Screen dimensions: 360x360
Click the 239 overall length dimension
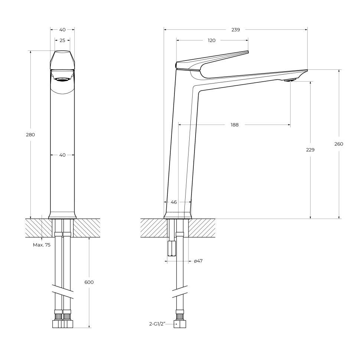(x=235, y=30)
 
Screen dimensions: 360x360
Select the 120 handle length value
(x=212, y=40)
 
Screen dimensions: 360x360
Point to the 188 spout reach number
(x=235, y=125)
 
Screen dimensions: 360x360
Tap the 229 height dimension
(x=310, y=150)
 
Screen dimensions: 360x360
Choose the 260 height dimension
(x=338, y=144)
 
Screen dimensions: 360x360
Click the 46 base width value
(x=174, y=202)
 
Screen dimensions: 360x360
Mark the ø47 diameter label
(x=198, y=261)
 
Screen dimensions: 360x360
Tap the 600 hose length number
(x=89, y=282)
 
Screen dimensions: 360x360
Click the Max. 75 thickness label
(x=42, y=245)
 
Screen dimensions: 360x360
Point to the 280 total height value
(x=30, y=135)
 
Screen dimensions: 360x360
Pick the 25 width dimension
(x=62, y=40)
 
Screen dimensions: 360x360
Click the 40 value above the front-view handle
(x=62, y=30)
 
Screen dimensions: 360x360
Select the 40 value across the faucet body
(x=62, y=155)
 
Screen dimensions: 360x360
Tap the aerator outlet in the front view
(x=62, y=79)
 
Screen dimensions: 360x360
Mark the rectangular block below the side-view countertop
(x=171, y=248)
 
